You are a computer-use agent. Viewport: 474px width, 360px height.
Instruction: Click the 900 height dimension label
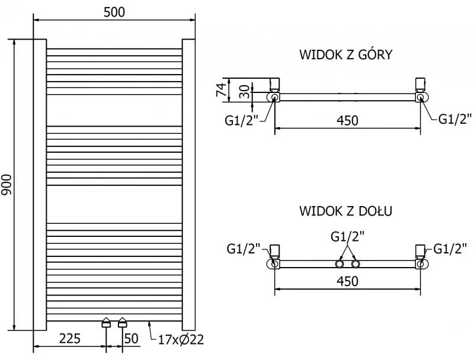click(8, 185)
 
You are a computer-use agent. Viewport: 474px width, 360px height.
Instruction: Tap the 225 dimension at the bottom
click(69, 339)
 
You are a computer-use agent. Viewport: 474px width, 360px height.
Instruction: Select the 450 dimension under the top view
click(347, 120)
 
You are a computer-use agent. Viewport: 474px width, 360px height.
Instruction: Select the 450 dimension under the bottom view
click(347, 281)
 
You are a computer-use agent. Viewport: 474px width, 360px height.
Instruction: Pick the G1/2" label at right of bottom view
click(450, 248)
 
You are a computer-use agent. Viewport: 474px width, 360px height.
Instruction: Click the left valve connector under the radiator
click(106, 323)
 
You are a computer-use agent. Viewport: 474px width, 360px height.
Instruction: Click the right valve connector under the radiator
click(122, 323)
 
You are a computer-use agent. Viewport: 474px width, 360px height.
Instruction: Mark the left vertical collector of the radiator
click(40, 185)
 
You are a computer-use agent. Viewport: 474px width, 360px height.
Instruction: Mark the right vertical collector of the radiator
click(188, 185)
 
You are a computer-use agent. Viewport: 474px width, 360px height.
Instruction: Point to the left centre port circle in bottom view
click(341, 264)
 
